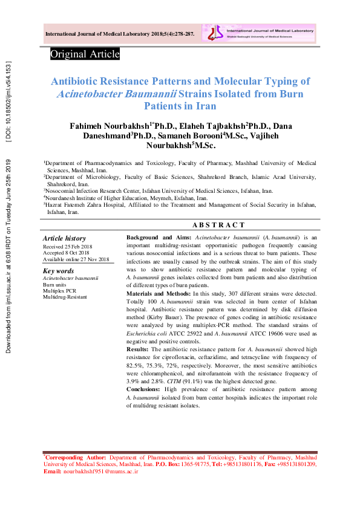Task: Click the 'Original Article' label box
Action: tap(85, 54)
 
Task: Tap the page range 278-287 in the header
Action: tap(182, 34)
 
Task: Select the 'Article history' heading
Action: tap(64, 239)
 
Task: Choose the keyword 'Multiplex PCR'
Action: tap(59, 291)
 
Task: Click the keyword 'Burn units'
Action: tap(54, 284)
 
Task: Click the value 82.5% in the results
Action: tap(134, 366)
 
